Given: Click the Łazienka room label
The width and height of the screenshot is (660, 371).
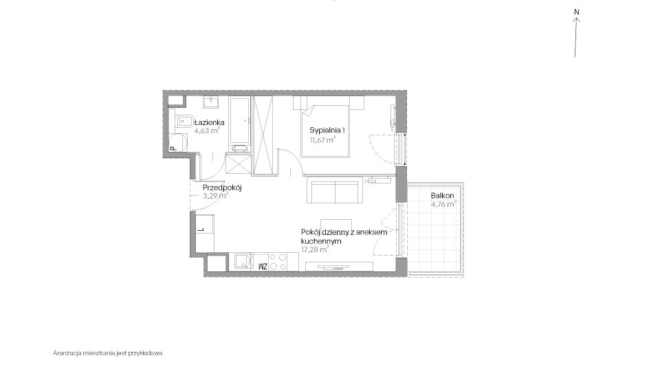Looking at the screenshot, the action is (209, 122).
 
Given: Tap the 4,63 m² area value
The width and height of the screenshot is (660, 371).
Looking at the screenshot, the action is (207, 131).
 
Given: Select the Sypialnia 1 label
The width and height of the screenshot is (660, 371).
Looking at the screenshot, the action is (327, 130).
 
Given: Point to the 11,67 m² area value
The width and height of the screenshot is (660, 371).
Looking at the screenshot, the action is (323, 140).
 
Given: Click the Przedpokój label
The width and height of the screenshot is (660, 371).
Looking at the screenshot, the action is (222, 188).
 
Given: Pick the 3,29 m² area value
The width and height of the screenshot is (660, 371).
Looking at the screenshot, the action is (215, 196).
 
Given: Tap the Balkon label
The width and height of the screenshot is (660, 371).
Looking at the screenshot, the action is (442, 196).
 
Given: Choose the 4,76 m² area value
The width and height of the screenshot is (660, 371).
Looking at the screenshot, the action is (443, 205).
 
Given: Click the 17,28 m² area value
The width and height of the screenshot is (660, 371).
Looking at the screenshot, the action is (315, 249).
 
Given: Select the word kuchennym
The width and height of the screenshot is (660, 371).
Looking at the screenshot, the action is (321, 241).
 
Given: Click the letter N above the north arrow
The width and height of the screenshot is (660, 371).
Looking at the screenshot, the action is (577, 12).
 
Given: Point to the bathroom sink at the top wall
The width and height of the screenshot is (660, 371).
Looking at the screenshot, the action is (210, 102).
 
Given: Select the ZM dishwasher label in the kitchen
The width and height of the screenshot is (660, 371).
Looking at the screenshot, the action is (263, 266).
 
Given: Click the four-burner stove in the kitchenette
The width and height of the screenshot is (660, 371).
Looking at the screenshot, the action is (277, 262).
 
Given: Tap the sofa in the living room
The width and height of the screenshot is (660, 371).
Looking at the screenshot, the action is (335, 190).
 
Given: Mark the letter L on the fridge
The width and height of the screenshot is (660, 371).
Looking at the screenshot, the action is (201, 229).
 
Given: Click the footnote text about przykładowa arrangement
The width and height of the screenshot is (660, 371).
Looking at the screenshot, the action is (107, 353).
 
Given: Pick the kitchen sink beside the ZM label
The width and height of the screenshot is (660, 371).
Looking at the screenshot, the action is (243, 262).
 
